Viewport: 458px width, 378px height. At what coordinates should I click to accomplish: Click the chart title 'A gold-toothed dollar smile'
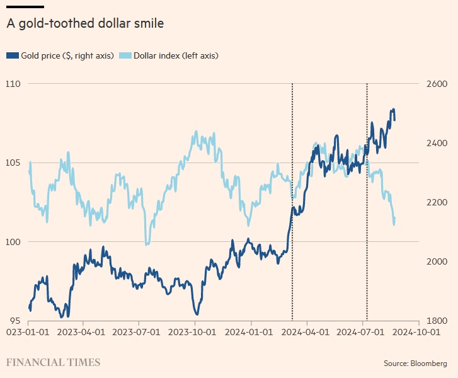click(x=85, y=24)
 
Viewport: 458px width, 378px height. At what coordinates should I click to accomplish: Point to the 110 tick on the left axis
click(x=13, y=84)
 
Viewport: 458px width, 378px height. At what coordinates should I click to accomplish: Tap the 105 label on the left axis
click(x=13, y=163)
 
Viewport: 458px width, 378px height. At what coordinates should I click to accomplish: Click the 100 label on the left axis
click(x=13, y=242)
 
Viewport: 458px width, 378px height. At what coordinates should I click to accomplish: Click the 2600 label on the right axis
click(x=434, y=84)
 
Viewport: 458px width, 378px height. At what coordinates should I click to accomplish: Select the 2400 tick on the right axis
click(x=434, y=143)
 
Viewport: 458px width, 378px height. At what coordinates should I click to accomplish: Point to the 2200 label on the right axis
click(x=434, y=202)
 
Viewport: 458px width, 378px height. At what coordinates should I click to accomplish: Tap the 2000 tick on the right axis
click(x=434, y=261)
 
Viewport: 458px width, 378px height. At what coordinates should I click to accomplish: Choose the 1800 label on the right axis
click(x=434, y=321)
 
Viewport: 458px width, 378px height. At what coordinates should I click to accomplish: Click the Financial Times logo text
click(x=53, y=362)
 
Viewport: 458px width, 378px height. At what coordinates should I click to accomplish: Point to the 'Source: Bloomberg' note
click(x=416, y=364)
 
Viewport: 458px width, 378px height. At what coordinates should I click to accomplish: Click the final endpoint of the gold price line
click(x=395, y=120)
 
